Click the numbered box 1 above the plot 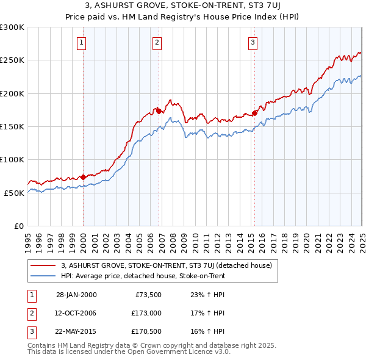point(82,42)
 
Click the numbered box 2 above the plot point(157,42)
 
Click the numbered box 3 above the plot point(253,42)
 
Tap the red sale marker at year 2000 point(83,177)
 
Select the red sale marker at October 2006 point(159,111)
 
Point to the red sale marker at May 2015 point(255,113)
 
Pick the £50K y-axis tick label point(15,193)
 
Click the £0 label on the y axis point(19,226)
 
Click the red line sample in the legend point(43,265)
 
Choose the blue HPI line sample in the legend point(43,276)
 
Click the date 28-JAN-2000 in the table point(76,295)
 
